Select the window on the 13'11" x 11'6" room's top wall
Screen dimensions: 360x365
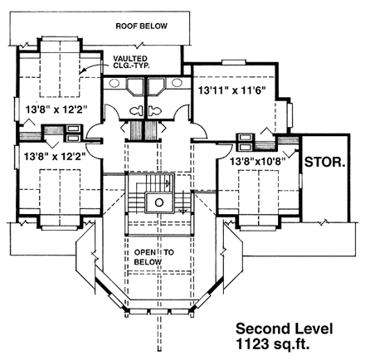tap(229, 63)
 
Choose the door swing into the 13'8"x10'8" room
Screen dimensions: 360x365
tap(207, 153)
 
